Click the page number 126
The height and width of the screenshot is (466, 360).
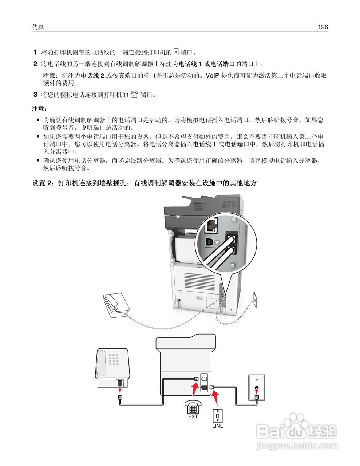(x=323, y=27)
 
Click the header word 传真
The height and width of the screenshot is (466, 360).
(x=38, y=27)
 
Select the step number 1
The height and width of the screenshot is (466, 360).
(x=35, y=52)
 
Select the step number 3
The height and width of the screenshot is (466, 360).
(x=35, y=95)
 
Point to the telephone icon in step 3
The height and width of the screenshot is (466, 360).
(x=134, y=95)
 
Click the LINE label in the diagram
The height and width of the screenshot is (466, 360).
(x=218, y=426)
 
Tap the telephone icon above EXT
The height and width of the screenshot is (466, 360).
(x=193, y=407)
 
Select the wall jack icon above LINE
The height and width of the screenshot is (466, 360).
(x=218, y=415)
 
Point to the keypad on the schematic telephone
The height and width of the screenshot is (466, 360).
(x=115, y=359)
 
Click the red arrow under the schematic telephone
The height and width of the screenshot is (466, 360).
(x=120, y=391)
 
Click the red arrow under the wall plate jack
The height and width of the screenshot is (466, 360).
(x=257, y=391)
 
